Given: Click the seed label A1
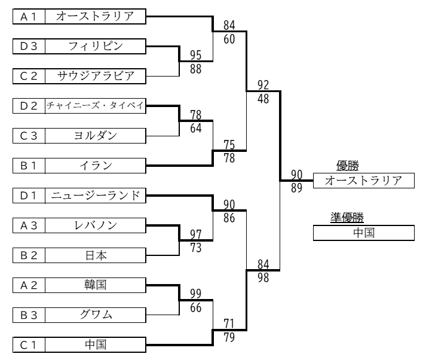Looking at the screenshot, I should click(x=29, y=17).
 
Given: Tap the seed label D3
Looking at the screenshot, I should click(x=29, y=45).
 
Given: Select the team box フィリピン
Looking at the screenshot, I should click(x=96, y=45).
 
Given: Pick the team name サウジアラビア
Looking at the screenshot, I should click(x=96, y=75).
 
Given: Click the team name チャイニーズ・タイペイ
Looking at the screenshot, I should click(x=96, y=106).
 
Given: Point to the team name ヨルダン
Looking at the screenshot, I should click(x=96, y=136).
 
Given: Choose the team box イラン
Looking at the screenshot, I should click(x=96, y=165).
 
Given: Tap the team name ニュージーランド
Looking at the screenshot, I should click(x=96, y=196).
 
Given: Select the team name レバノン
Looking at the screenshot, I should click(x=96, y=225).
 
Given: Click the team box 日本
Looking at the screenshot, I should click(x=96, y=255).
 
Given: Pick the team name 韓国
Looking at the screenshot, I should click(x=96, y=285).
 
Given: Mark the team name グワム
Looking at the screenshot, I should click(x=96, y=315).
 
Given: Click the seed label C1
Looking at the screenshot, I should click(x=29, y=344).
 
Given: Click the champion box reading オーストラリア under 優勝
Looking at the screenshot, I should click(x=363, y=181).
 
